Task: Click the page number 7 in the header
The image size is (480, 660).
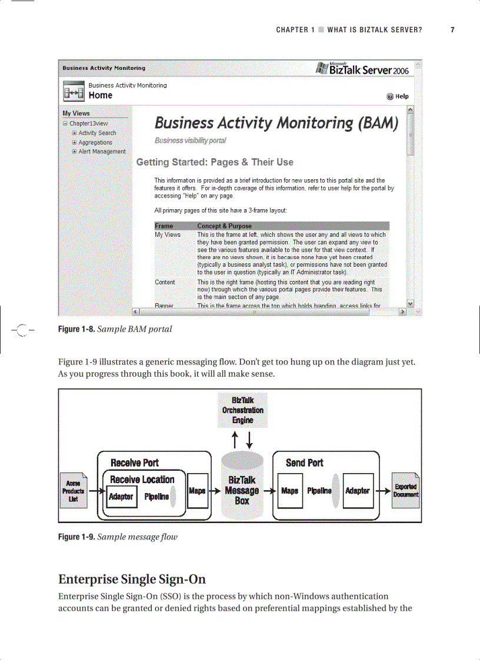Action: [452, 30]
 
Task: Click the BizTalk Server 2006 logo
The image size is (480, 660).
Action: [362, 69]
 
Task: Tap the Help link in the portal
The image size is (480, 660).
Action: [398, 96]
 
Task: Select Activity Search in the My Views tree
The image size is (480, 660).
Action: [97, 133]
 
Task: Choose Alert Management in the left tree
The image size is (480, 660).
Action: [102, 152]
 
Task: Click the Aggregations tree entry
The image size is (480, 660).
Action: [95, 142]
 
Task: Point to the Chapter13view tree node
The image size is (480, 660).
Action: [88, 124]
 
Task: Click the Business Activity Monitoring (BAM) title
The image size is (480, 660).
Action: [276, 123]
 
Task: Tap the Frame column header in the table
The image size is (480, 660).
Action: [164, 226]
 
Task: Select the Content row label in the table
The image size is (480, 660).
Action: [165, 282]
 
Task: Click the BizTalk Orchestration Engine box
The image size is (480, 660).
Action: [242, 410]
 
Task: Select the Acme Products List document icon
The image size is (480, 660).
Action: [74, 491]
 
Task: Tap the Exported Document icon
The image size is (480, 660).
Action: [406, 491]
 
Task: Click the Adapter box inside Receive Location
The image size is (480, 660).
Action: [121, 497]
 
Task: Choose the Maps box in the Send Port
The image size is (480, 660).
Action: [289, 491]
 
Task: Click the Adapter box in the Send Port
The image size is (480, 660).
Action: [357, 491]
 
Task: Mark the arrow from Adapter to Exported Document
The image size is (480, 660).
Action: [383, 491]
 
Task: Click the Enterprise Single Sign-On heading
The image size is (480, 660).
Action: [132, 579]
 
